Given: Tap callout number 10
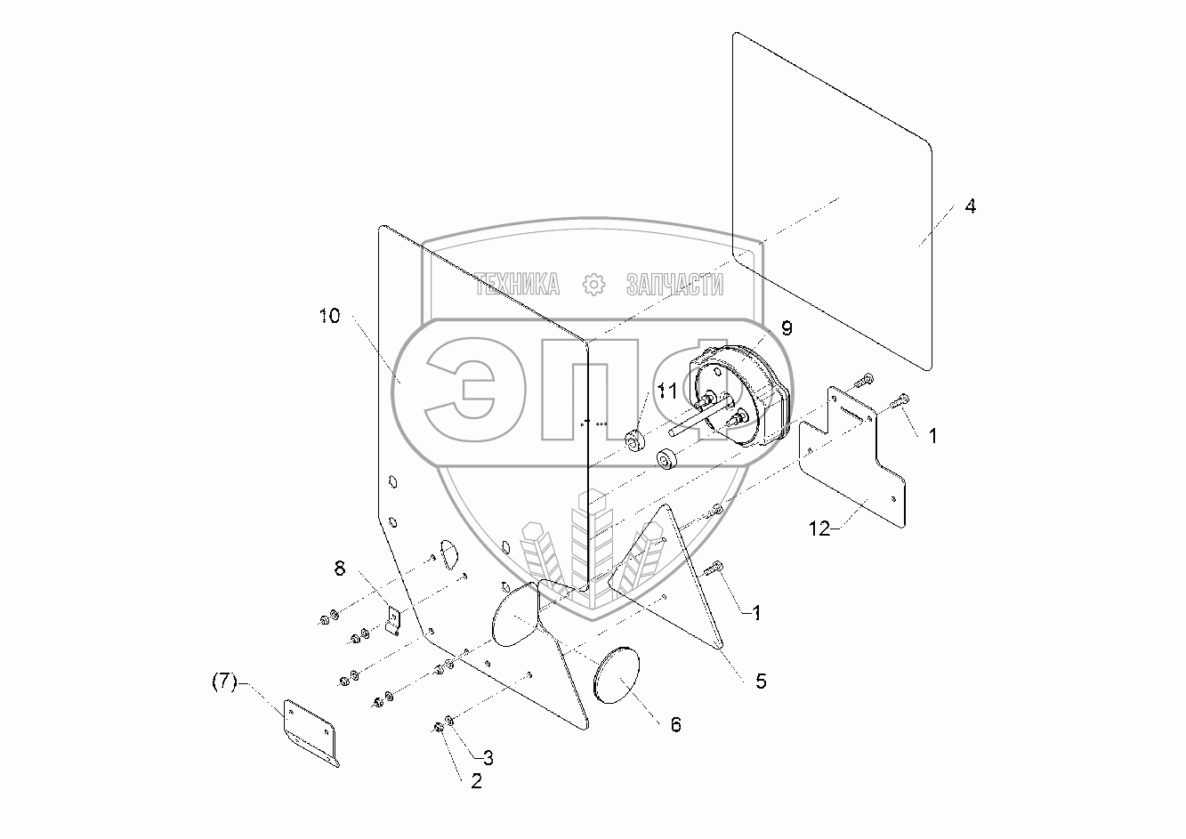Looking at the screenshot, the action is point(329,316).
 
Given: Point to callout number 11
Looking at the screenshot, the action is point(667,389).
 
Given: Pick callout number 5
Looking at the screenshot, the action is point(760,682).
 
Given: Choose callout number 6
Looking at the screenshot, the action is point(675,725).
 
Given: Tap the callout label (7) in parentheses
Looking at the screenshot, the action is point(224,682).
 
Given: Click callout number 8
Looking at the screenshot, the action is point(339,569).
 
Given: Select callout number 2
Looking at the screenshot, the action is point(476,781).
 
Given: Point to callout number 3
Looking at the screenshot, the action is point(488,758).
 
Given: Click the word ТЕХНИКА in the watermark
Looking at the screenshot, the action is point(517,285).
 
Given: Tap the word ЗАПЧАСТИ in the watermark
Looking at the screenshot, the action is point(674,285).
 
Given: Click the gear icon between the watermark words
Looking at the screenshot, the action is point(593,285).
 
